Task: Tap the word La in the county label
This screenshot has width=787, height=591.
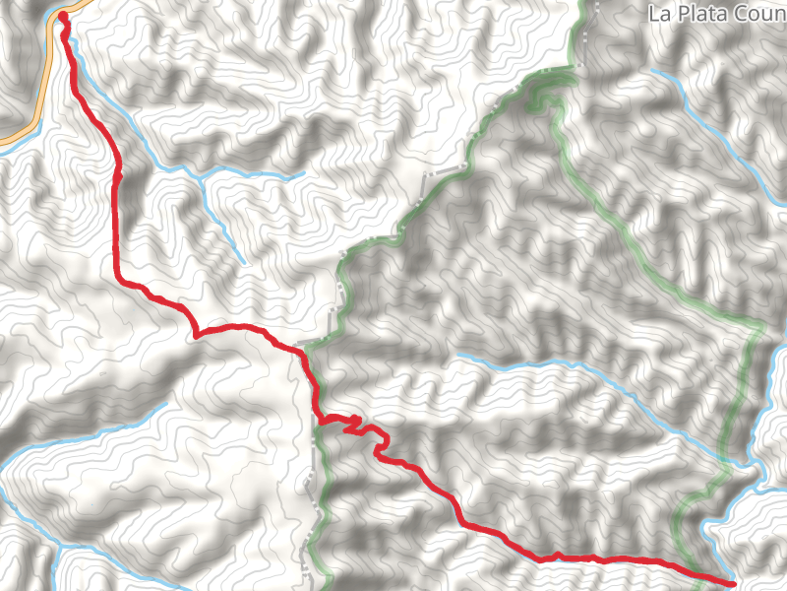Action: pyautogui.click(x=659, y=14)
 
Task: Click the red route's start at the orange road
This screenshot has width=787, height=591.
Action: pyautogui.click(x=63, y=16)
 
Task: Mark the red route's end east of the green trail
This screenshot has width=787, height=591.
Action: pyautogui.click(x=733, y=583)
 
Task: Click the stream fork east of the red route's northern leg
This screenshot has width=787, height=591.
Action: pyautogui.click(x=200, y=177)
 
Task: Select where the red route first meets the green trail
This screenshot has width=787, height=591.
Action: pyautogui.click(x=307, y=352)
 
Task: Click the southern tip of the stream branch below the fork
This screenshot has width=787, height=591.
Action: pyautogui.click(x=243, y=263)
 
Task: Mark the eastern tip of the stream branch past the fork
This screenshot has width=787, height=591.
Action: pyautogui.click(x=303, y=175)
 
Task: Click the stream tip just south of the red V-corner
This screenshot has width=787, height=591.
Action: pyautogui.click(x=163, y=404)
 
